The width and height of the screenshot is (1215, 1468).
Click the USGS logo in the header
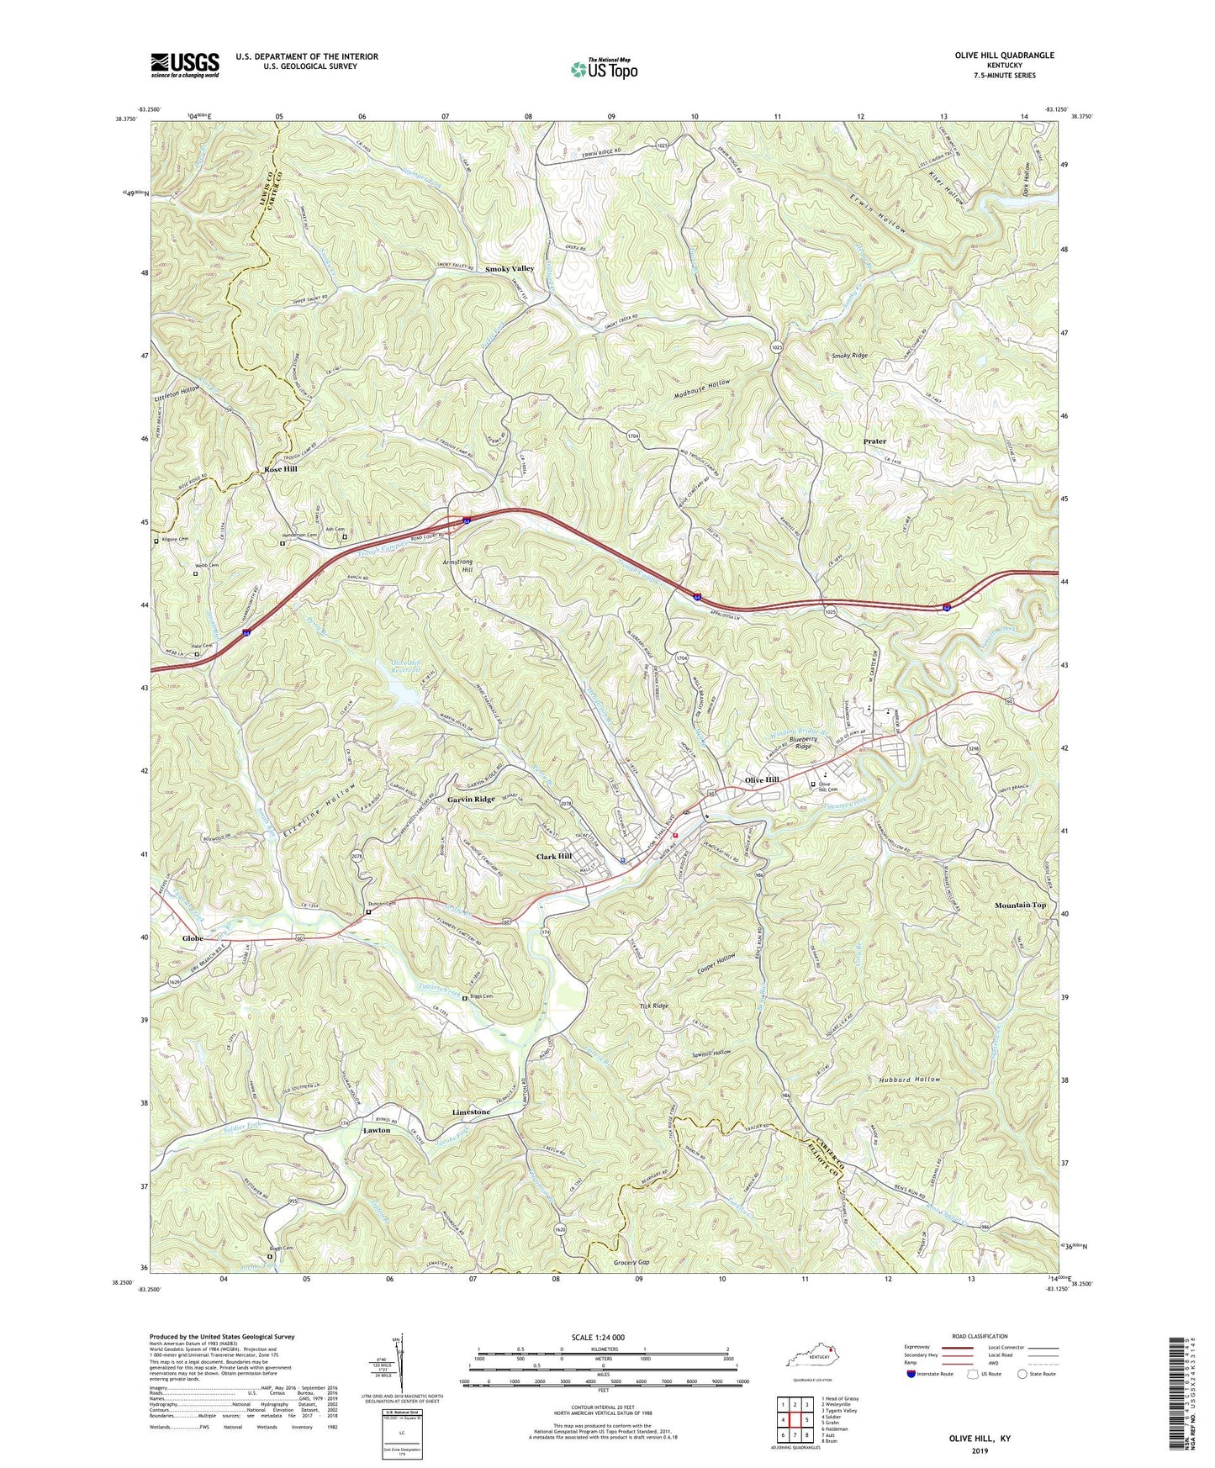[185, 64]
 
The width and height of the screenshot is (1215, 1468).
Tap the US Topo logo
[603, 69]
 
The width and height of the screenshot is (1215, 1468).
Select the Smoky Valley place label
[510, 268]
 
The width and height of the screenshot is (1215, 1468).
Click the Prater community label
[874, 441]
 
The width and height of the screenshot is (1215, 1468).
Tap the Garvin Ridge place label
[471, 800]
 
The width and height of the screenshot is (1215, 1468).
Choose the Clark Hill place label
[554, 857]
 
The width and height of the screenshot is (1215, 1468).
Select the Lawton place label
[376, 1131]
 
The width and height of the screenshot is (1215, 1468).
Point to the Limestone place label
[471, 1112]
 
